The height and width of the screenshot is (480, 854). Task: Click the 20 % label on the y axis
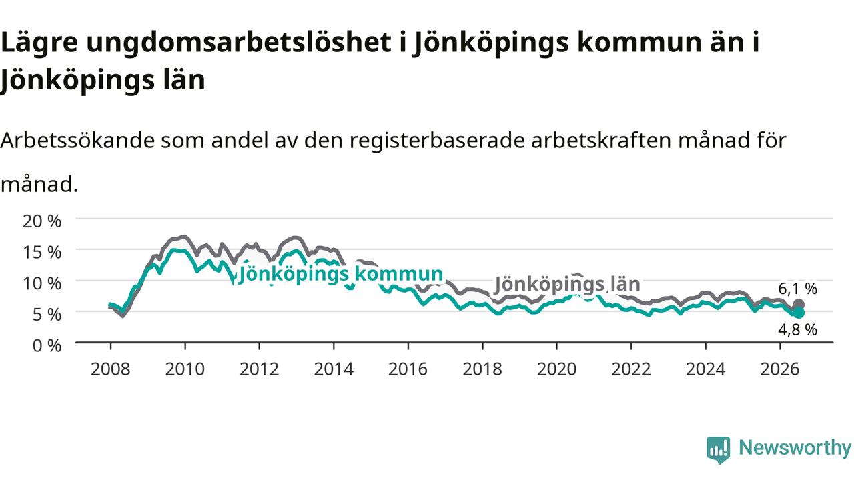pyautogui.click(x=42, y=221)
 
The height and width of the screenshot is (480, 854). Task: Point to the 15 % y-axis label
pyautogui.click(x=42, y=252)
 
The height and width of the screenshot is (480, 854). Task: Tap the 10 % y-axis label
pyautogui.click(x=42, y=283)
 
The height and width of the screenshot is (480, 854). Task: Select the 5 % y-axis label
pyautogui.click(x=47, y=315)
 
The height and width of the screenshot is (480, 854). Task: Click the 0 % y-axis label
pyautogui.click(x=47, y=346)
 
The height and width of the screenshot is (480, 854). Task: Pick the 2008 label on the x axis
pyautogui.click(x=111, y=369)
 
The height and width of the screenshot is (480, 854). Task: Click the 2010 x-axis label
pyautogui.click(x=185, y=369)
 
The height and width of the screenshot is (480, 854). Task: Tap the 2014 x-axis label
pyautogui.click(x=334, y=369)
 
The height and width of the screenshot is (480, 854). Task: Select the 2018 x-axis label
pyautogui.click(x=482, y=369)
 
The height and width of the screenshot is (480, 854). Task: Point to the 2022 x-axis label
pyautogui.click(x=631, y=369)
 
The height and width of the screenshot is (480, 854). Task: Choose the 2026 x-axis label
pyautogui.click(x=780, y=369)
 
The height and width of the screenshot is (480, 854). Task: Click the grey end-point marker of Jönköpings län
pyautogui.click(x=799, y=305)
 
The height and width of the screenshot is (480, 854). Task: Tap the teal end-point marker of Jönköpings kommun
pyautogui.click(x=799, y=313)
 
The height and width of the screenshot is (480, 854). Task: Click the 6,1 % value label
pyautogui.click(x=797, y=289)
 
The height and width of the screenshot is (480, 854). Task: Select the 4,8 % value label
pyautogui.click(x=797, y=329)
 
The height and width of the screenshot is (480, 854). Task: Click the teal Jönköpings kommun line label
pyautogui.click(x=340, y=274)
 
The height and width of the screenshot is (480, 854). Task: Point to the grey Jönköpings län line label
pyautogui.click(x=567, y=284)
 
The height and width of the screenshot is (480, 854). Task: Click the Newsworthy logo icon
pyautogui.click(x=719, y=449)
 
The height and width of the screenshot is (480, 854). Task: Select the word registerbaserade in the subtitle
pyautogui.click(x=437, y=141)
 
